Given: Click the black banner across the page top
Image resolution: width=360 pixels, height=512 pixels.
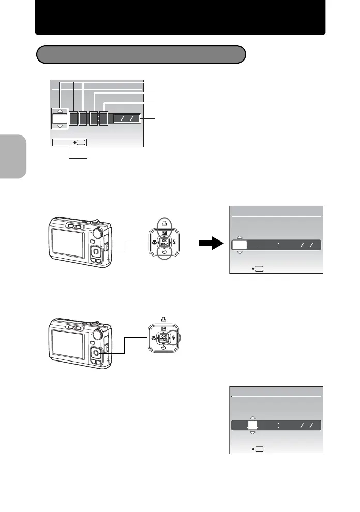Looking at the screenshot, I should pos(180,18).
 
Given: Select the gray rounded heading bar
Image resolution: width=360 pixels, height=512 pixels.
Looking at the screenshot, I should pos(140,54).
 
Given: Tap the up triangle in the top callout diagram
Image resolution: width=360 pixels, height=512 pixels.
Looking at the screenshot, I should pos(60,110).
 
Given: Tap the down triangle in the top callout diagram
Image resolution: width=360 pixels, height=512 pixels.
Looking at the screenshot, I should pos(60,126).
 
